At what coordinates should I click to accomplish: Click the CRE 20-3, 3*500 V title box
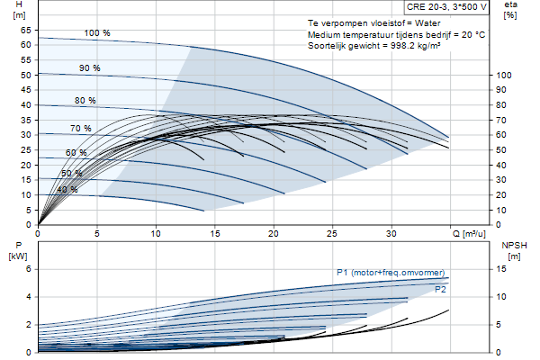(x=446, y=7)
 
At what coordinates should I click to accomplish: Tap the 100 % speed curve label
(x=97, y=33)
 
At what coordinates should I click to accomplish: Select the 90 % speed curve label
(x=89, y=67)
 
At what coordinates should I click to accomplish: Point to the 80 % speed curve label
(x=85, y=100)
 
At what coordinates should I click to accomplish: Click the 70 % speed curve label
(x=81, y=129)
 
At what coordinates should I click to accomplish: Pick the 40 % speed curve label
(x=67, y=190)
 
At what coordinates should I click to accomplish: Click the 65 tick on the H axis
(x=25, y=30)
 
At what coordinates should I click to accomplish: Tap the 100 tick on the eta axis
(x=503, y=75)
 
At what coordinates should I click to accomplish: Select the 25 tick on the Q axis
(x=332, y=234)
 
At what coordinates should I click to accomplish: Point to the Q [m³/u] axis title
(x=469, y=234)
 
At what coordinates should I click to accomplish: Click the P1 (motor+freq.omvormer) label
(x=391, y=273)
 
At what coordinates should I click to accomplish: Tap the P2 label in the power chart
(x=440, y=290)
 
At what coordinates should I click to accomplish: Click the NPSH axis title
(x=514, y=246)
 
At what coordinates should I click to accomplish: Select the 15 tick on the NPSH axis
(x=501, y=269)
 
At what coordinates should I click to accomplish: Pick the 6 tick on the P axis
(x=29, y=269)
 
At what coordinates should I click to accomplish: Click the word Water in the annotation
(x=427, y=23)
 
